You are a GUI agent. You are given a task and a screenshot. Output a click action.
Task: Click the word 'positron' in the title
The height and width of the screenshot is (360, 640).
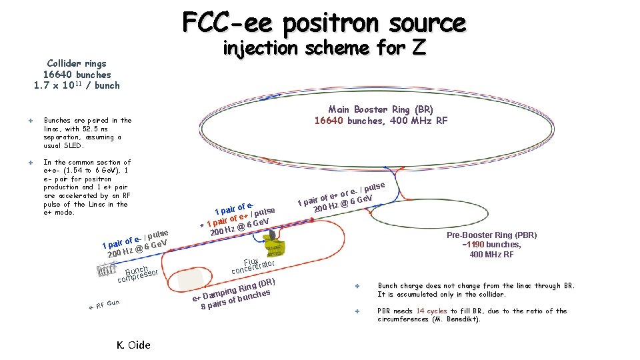click(325, 23)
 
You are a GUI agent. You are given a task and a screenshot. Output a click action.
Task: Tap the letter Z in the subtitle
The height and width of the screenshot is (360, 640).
click(417, 48)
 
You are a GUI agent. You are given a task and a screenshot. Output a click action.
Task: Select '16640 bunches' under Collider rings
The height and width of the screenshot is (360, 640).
click(77, 75)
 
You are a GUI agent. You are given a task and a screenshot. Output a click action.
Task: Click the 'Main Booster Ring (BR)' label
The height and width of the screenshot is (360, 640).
click(381, 109)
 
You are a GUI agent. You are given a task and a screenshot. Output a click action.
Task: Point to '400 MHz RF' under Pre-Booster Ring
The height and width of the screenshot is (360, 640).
click(491, 254)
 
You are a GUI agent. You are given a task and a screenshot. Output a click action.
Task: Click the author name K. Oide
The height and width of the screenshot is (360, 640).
click(133, 345)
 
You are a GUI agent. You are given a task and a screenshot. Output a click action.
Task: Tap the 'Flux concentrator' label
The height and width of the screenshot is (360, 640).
click(253, 266)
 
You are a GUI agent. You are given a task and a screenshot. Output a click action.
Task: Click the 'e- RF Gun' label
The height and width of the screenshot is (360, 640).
click(105, 305)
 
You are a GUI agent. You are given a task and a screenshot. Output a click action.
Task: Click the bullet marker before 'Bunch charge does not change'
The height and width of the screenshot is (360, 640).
click(357, 286)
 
